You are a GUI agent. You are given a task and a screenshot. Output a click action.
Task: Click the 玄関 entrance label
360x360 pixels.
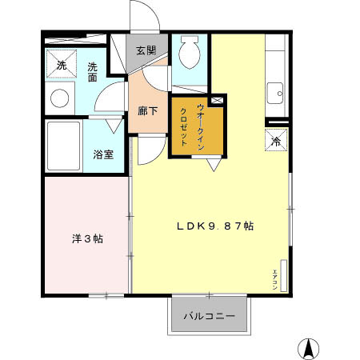(146, 50)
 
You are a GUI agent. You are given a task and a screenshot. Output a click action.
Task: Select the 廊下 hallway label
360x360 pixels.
(147, 111)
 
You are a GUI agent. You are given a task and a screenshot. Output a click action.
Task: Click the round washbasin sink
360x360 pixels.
(59, 98)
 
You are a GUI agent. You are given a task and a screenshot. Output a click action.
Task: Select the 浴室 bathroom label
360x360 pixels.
(102, 154)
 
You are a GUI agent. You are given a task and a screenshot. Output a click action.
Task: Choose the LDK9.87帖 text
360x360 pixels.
(215, 226)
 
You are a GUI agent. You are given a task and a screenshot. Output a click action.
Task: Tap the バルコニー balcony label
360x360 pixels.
(209, 317)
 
